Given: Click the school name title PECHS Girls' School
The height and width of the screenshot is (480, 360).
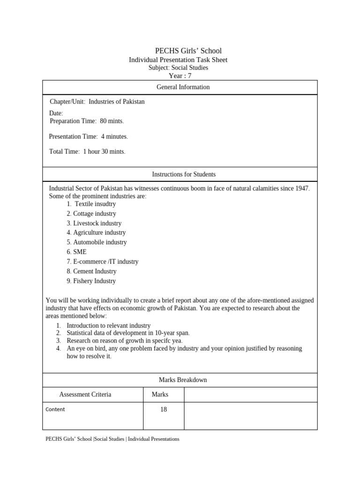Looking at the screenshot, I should tap(188, 51).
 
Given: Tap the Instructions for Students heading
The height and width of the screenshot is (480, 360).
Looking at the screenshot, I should tap(184, 174).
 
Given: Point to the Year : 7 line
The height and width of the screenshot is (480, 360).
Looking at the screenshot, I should tap(180, 75).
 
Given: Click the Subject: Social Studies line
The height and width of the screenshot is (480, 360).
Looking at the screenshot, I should tap(178, 67).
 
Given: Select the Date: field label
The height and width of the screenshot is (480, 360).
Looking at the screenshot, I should tap(56, 113).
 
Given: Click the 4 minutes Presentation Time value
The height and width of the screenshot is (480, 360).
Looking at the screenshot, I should tap(114, 136).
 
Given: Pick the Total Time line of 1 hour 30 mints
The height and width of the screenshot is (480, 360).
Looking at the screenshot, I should tap(87, 151).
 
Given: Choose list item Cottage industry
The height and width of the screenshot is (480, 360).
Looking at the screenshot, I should tap(91, 214).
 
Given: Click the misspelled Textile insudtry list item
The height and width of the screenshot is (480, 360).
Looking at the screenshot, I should tap(91, 204).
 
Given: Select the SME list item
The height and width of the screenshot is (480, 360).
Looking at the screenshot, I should tap(77, 252).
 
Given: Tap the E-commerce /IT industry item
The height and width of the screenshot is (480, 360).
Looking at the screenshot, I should tap(103, 262).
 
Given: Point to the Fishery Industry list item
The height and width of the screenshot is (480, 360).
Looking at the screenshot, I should tap(91, 281).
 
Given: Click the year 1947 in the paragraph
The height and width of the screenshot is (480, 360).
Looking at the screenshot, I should tap(302, 188).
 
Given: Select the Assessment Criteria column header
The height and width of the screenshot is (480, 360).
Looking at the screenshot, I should tap(85, 395).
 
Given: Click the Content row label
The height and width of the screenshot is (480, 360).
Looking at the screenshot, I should tap(55, 409).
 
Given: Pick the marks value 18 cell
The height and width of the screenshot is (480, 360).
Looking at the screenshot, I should tap(163, 409).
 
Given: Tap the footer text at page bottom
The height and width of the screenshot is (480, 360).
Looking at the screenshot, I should tap(112, 439).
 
